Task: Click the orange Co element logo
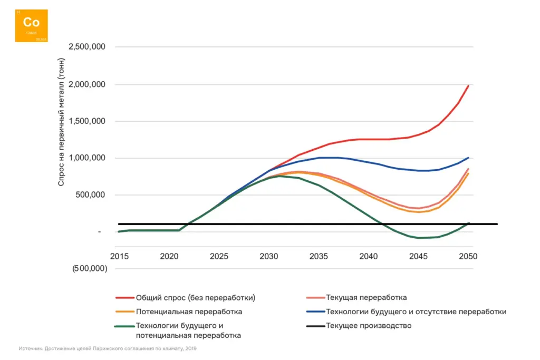[31, 26]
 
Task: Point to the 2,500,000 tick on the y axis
[88, 47]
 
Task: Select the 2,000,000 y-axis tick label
[88, 84]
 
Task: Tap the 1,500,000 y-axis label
[88, 121]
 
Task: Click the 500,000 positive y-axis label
[91, 195]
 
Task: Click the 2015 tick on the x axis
[119, 257]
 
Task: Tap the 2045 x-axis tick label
[418, 257]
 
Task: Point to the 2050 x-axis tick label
[468, 257]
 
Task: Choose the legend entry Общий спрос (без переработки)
[196, 298]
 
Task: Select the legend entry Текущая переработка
[367, 298]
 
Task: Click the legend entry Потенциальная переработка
[189, 312]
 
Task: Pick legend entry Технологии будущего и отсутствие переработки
[416, 312]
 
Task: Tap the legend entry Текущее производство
[369, 326]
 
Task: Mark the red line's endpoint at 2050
[468, 85]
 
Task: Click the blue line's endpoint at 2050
[468, 158]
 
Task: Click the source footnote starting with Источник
[108, 348]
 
